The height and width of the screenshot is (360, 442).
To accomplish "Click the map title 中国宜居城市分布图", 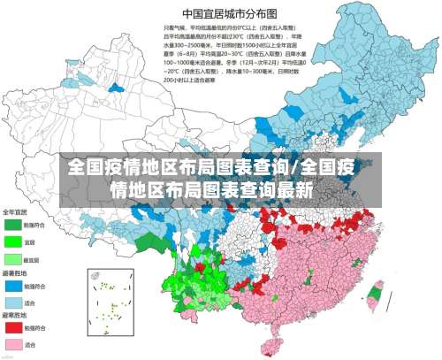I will coord(217,13).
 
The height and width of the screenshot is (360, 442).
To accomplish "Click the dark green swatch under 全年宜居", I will coord(13,226).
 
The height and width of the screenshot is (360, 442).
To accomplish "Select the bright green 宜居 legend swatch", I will coord(13,241).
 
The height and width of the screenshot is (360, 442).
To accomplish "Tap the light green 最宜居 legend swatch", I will coord(13,259).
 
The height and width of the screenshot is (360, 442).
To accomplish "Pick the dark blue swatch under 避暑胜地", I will coord(13,286).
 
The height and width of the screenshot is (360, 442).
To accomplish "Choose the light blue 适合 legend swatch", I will coord(13,302).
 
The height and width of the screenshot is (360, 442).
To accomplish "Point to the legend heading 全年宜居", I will coord(16,212).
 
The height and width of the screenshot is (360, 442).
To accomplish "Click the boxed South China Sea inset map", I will coord(111,301).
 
